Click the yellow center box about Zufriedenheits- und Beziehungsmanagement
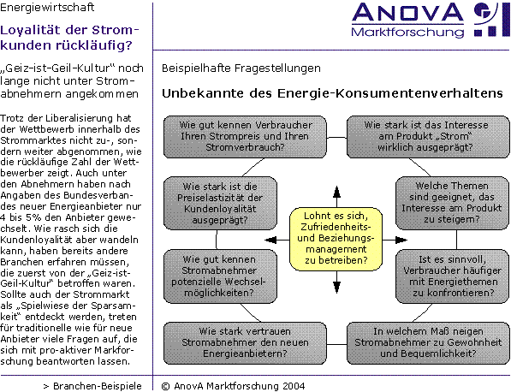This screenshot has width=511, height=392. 336,239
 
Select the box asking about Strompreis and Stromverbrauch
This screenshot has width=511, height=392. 245,137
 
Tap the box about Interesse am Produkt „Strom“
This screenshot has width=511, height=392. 428,137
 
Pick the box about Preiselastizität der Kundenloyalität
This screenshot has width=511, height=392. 220,204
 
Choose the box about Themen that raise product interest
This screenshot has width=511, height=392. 452,203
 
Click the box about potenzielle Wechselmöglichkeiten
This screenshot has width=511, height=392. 220,276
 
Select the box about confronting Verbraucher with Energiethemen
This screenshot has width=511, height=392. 452,276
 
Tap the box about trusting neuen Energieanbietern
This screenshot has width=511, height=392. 245,343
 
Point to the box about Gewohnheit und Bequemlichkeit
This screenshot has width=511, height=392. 428,343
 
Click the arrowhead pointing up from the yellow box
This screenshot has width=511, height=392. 336,192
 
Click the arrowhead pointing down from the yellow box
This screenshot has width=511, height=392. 336,288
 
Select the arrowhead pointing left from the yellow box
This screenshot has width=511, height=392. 270,241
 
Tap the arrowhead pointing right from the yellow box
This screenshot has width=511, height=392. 401,241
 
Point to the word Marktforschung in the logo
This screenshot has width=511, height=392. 407,32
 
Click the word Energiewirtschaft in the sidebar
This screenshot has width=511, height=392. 47,7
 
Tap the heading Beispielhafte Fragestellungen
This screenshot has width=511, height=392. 241,68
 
